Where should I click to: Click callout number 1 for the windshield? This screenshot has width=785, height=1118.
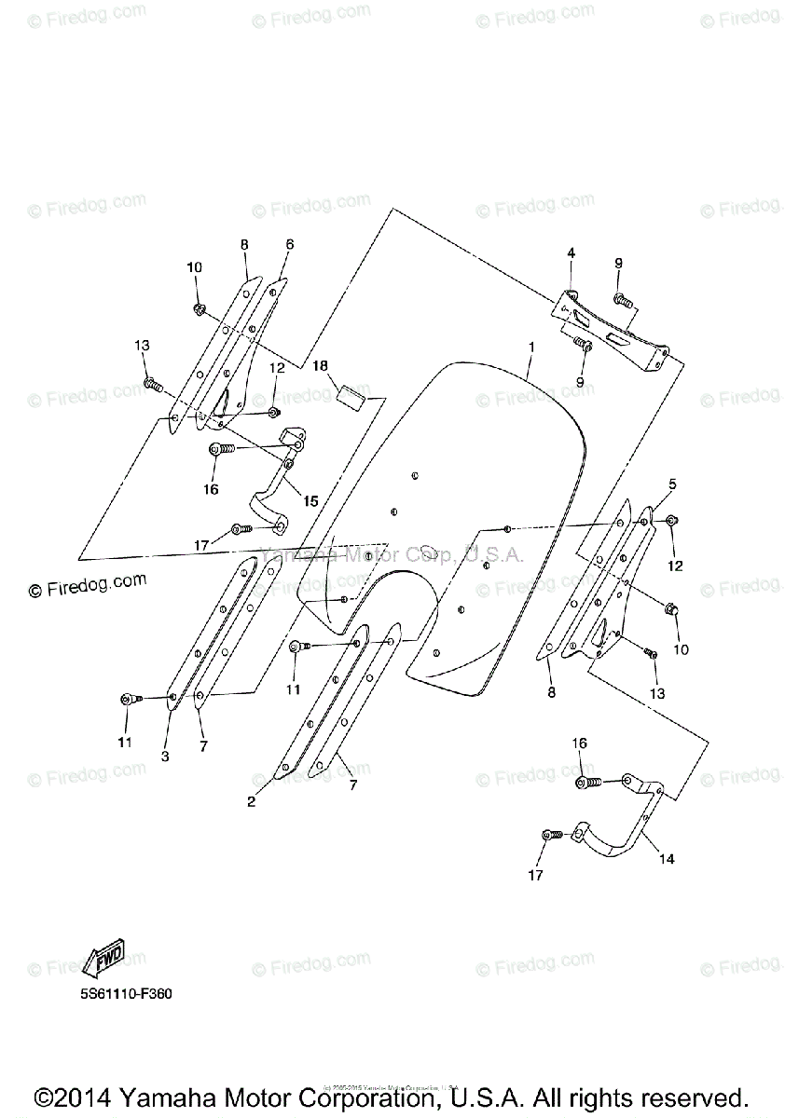tap(530, 347)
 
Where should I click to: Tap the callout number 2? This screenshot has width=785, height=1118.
tap(251, 800)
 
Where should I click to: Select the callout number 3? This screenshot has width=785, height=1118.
tap(165, 757)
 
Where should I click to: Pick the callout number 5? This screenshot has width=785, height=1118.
tap(671, 484)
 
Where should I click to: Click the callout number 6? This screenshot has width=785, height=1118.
tap(289, 244)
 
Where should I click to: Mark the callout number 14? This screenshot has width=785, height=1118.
tap(668, 858)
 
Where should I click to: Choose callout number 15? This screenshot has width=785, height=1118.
tap(310, 501)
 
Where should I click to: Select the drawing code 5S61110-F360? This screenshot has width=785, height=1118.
tap(125, 993)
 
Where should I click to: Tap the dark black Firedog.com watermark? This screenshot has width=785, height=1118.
tap(88, 584)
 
